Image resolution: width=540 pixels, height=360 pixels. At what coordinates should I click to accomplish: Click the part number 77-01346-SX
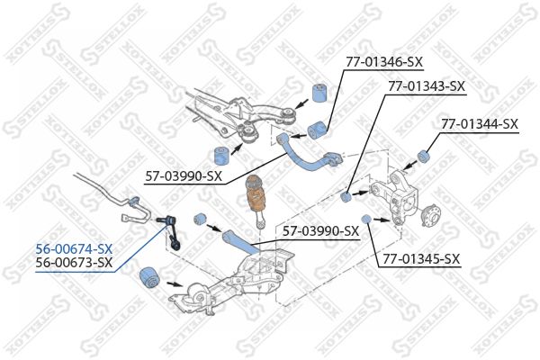click(384, 62)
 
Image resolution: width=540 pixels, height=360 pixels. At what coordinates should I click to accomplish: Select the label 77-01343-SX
click(427, 86)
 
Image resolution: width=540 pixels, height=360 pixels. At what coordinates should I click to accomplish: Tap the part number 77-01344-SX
click(480, 124)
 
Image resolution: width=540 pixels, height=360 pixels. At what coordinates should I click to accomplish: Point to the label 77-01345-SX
click(421, 258)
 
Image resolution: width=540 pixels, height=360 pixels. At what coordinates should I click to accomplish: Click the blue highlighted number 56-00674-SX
click(74, 248)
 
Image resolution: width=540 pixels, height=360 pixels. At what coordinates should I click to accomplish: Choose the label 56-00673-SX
click(74, 263)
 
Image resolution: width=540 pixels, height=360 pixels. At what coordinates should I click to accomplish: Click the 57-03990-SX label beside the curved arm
click(184, 176)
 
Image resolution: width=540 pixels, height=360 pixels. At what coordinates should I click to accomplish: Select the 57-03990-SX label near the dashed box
click(320, 230)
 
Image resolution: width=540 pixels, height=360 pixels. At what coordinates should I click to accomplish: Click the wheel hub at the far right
click(432, 215)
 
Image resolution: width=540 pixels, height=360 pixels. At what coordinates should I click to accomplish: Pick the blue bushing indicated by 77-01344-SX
click(423, 156)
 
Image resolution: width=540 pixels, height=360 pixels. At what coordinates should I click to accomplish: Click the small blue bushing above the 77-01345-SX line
click(365, 219)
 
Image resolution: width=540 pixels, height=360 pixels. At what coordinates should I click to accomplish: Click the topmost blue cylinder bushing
click(319, 93)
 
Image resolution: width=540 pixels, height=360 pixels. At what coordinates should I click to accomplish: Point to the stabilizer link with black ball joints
click(170, 231)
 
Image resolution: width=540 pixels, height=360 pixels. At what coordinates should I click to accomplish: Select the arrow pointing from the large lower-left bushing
click(175, 284)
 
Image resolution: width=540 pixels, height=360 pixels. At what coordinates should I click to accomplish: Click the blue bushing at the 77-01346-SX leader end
click(317, 130)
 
